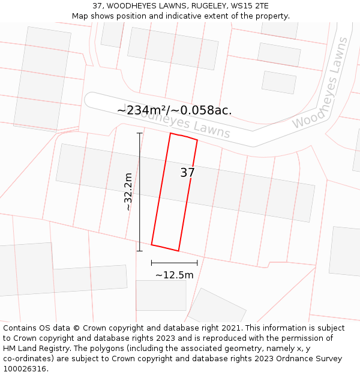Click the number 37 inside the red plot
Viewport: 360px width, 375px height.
187,173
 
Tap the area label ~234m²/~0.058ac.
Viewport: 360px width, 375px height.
175,110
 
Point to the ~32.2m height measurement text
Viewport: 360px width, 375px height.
128,191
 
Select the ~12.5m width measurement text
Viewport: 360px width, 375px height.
174,275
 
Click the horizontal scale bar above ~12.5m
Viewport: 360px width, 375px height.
174,262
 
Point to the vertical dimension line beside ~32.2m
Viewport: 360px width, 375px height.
139,191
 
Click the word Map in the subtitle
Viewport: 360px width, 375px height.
80,16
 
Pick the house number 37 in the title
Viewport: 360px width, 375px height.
97,6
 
